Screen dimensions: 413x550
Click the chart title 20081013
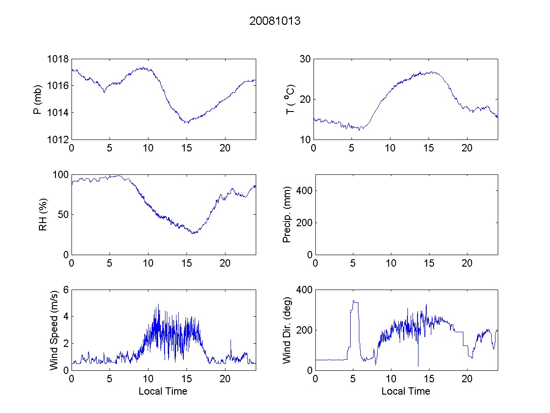[x=275, y=21]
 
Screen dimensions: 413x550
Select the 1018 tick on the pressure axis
[x=58, y=59]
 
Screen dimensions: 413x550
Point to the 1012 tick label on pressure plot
[x=58, y=140]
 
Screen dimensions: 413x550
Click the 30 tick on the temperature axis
[x=305, y=59]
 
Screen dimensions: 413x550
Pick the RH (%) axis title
[x=43, y=214]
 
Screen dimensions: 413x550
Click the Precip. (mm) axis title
[x=287, y=214]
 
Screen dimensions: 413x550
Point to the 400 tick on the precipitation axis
[x=303, y=190]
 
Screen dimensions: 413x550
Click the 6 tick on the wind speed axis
[x=66, y=290]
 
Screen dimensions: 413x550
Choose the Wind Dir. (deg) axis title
[x=287, y=329]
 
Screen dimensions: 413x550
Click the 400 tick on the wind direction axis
[x=303, y=290]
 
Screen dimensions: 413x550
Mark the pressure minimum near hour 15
[x=187, y=123]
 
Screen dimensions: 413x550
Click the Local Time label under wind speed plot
[x=163, y=391]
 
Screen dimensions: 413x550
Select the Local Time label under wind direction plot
[x=406, y=391]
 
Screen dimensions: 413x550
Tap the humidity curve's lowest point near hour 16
[x=194, y=233]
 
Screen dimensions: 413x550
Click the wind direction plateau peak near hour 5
[x=354, y=301]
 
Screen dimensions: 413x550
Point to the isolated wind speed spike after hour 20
[x=231, y=340]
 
